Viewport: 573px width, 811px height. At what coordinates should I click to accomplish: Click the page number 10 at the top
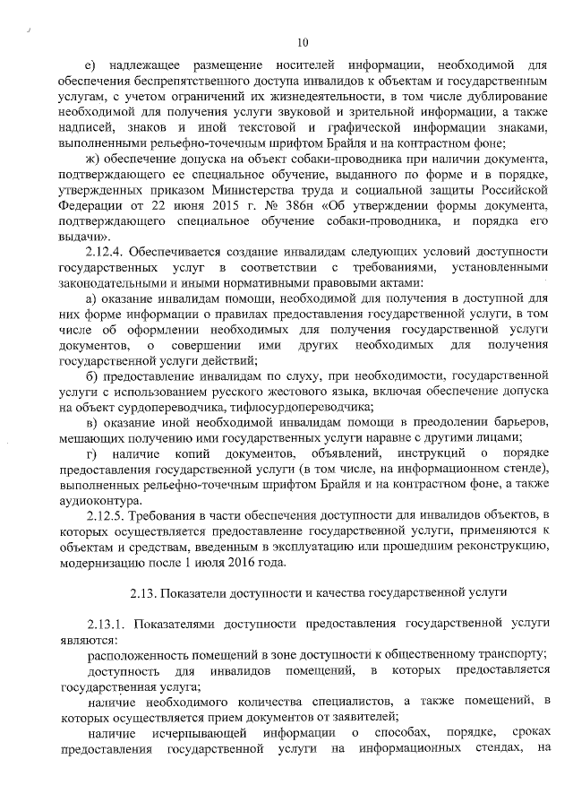(x=302, y=41)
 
